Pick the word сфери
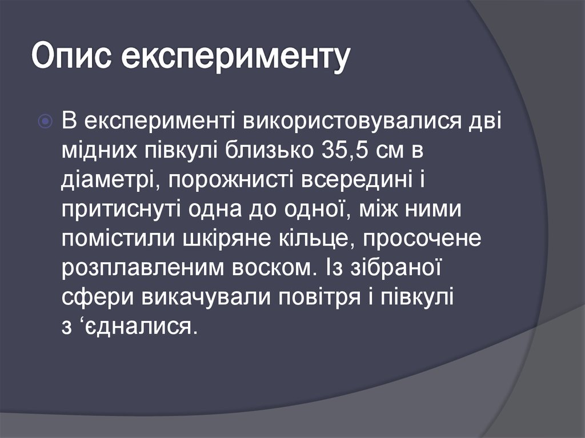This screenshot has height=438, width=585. click(94, 299)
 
